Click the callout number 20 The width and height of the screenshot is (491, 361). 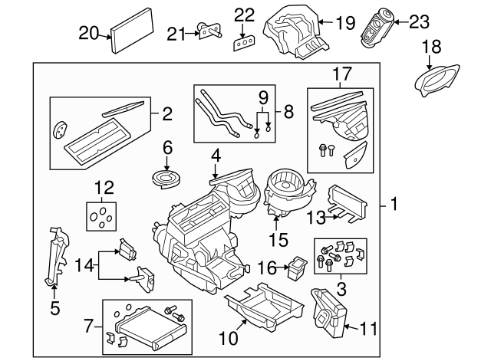coord(89,32)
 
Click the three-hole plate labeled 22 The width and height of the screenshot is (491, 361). coord(244,41)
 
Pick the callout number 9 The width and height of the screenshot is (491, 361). coord(263,97)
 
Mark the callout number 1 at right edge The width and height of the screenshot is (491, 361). coord(393,205)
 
